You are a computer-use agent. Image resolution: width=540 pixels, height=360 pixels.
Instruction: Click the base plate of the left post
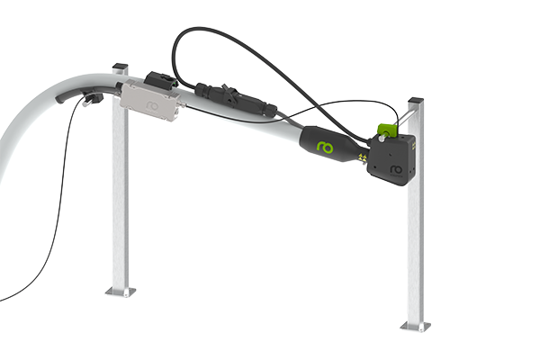click(x=120, y=291)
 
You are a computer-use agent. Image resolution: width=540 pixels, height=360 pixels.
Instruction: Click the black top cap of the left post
click(x=120, y=67)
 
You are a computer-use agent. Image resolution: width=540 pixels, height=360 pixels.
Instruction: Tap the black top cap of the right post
click(x=414, y=98)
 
